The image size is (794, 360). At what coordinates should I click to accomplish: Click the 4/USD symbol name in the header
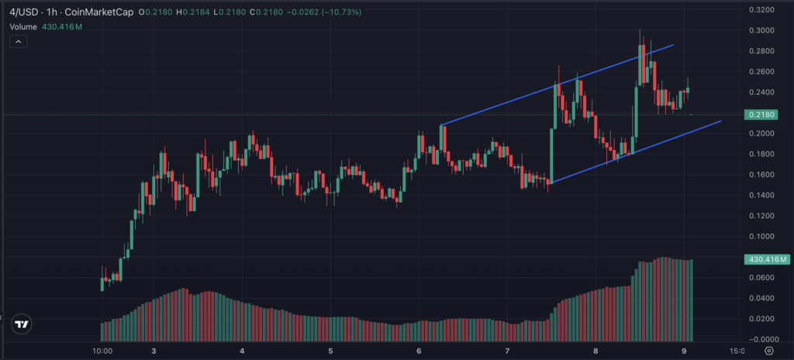[x=24, y=11]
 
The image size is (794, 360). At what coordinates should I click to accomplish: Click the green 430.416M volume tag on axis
[x=765, y=259]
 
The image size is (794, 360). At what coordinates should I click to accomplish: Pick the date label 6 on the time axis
[x=419, y=351]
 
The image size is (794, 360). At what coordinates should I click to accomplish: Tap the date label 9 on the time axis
[x=684, y=351]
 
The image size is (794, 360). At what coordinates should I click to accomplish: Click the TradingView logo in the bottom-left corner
[x=22, y=325]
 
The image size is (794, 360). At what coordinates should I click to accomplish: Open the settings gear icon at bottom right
[x=768, y=351]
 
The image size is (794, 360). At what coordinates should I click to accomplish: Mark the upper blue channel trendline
[x=558, y=85]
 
